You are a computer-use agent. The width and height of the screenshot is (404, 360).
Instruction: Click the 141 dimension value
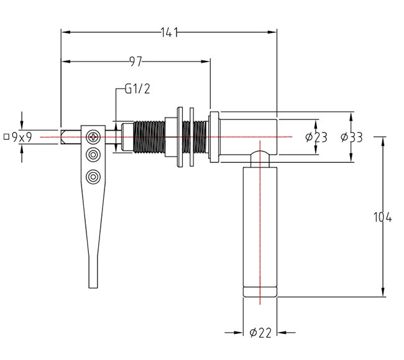pyautogui.click(x=168, y=33)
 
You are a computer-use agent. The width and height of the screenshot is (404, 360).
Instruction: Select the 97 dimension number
pyautogui.click(x=135, y=62)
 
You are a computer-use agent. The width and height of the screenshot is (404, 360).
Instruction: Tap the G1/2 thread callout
pyautogui.click(x=137, y=89)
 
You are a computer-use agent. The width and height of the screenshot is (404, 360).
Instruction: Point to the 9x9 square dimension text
pyautogui.click(x=22, y=137)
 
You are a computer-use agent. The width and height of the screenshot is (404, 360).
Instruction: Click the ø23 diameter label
pyautogui.click(x=316, y=137)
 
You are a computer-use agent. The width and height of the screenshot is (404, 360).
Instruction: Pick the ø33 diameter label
pyautogui.click(x=352, y=137)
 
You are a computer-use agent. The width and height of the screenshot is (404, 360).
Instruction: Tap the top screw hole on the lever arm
pyautogui.click(x=93, y=136)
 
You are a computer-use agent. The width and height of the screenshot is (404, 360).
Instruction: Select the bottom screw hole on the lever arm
pyautogui.click(x=93, y=177)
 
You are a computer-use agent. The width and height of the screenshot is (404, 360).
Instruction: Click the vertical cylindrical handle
pyautogui.click(x=260, y=224)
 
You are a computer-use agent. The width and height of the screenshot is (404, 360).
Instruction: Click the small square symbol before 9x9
pyautogui.click(x=6, y=136)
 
